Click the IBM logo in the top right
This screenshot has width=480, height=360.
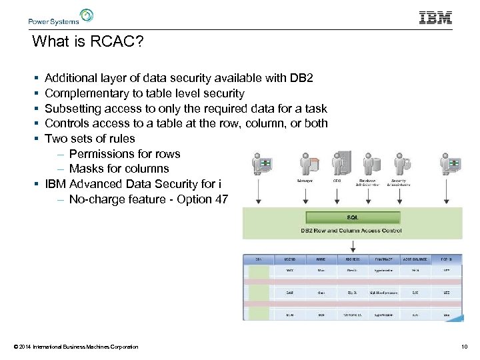tap(435, 18)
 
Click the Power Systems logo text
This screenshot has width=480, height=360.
tap(53, 21)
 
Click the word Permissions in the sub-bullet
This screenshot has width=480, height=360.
tap(105, 153)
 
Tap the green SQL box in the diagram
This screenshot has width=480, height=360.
tap(352, 217)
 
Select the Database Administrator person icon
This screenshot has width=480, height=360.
tap(367, 165)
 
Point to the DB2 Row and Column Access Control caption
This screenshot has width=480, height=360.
tap(352, 231)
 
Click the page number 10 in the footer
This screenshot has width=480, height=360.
tap(464, 347)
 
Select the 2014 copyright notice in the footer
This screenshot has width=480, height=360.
tap(75, 347)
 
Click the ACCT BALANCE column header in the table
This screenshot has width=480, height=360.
tap(415, 259)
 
